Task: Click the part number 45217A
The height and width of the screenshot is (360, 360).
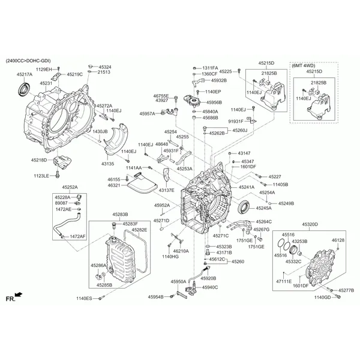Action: (x=25, y=74)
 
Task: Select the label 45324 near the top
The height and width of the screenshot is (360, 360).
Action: (x=105, y=67)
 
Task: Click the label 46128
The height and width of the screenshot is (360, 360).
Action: (x=338, y=241)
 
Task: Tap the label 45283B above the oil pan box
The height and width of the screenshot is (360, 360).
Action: (x=120, y=214)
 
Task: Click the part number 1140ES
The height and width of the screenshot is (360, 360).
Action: (x=85, y=298)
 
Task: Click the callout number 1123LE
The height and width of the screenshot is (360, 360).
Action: (x=41, y=176)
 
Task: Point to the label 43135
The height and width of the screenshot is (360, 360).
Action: (x=108, y=163)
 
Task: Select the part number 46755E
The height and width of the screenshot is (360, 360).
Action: (x=161, y=95)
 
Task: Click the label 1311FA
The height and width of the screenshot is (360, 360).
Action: (x=210, y=68)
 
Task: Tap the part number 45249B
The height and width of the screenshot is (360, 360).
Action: (x=286, y=203)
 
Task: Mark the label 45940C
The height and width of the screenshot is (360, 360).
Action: (x=210, y=287)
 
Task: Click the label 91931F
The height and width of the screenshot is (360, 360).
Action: (x=236, y=121)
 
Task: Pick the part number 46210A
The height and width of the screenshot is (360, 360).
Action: (x=181, y=251)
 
